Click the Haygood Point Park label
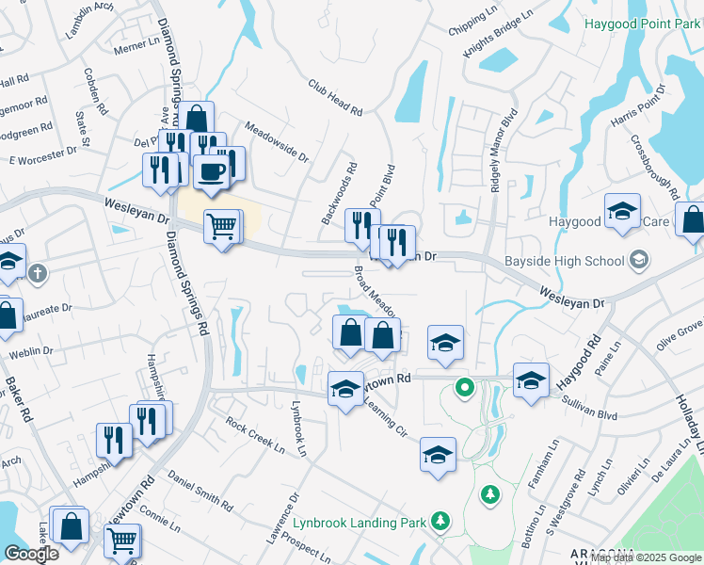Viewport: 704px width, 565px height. [643, 23]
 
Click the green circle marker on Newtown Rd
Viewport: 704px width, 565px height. [464, 386]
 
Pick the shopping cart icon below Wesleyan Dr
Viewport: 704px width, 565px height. [220, 225]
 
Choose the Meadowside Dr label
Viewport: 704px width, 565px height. [277, 141]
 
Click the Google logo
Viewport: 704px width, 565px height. [31, 554]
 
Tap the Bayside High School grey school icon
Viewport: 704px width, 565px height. [640, 260]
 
